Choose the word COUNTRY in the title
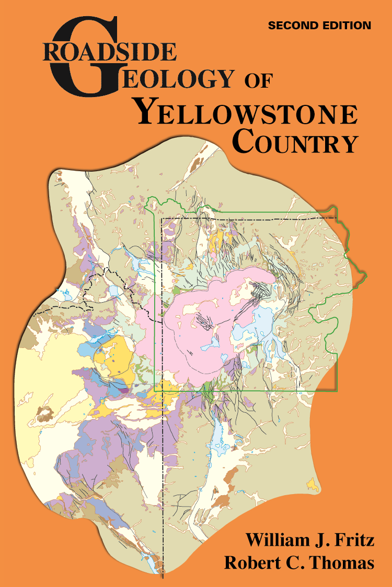click(295, 142)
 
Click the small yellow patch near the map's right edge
click(313, 485)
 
